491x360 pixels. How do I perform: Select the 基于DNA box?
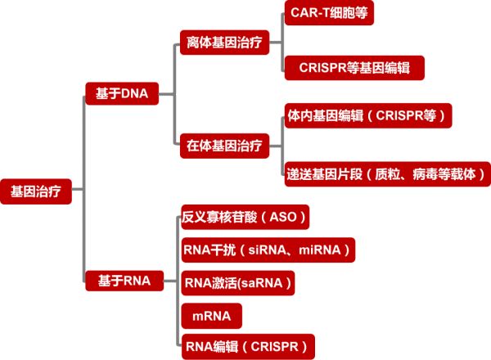pyautogui.click(x=122, y=94)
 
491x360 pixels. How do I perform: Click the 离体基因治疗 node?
pyautogui.click(x=223, y=42)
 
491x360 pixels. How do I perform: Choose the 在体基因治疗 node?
pyautogui.click(x=223, y=146)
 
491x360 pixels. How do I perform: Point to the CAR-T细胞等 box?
pyautogui.click(x=328, y=14)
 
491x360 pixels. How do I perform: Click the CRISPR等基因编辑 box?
pyautogui.click(x=354, y=68)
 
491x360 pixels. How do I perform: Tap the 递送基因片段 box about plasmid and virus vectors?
pyautogui.click(x=385, y=174)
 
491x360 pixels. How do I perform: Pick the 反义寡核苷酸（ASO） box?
pyautogui.click(x=245, y=218)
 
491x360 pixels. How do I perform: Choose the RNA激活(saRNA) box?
pyautogui.click(x=236, y=283)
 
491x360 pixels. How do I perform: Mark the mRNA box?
pyautogui.click(x=211, y=315)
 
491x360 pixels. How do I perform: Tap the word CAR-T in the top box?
pyautogui.click(x=310, y=14)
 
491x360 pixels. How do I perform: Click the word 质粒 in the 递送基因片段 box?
pyautogui.click(x=386, y=174)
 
